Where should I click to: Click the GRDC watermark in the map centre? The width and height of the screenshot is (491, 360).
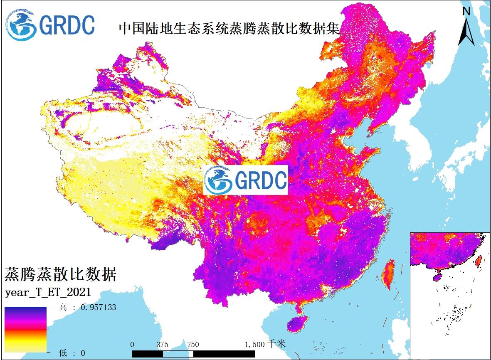246,180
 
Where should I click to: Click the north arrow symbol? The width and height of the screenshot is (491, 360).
466,32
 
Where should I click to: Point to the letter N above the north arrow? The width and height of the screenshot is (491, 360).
466,12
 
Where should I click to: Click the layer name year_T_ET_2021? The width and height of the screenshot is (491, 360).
48,292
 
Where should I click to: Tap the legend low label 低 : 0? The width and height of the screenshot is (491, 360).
72,353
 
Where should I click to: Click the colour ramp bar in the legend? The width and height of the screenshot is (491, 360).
26,330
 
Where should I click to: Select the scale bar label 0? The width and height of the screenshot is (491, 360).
132,344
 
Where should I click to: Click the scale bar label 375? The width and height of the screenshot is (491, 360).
162,344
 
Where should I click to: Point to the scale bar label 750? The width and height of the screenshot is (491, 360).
193,344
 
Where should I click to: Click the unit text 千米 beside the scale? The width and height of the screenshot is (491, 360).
277,344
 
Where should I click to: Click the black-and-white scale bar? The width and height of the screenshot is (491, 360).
194,353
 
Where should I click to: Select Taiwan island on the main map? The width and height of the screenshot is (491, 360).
388,274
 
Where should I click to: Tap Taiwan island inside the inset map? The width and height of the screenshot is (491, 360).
478,261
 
